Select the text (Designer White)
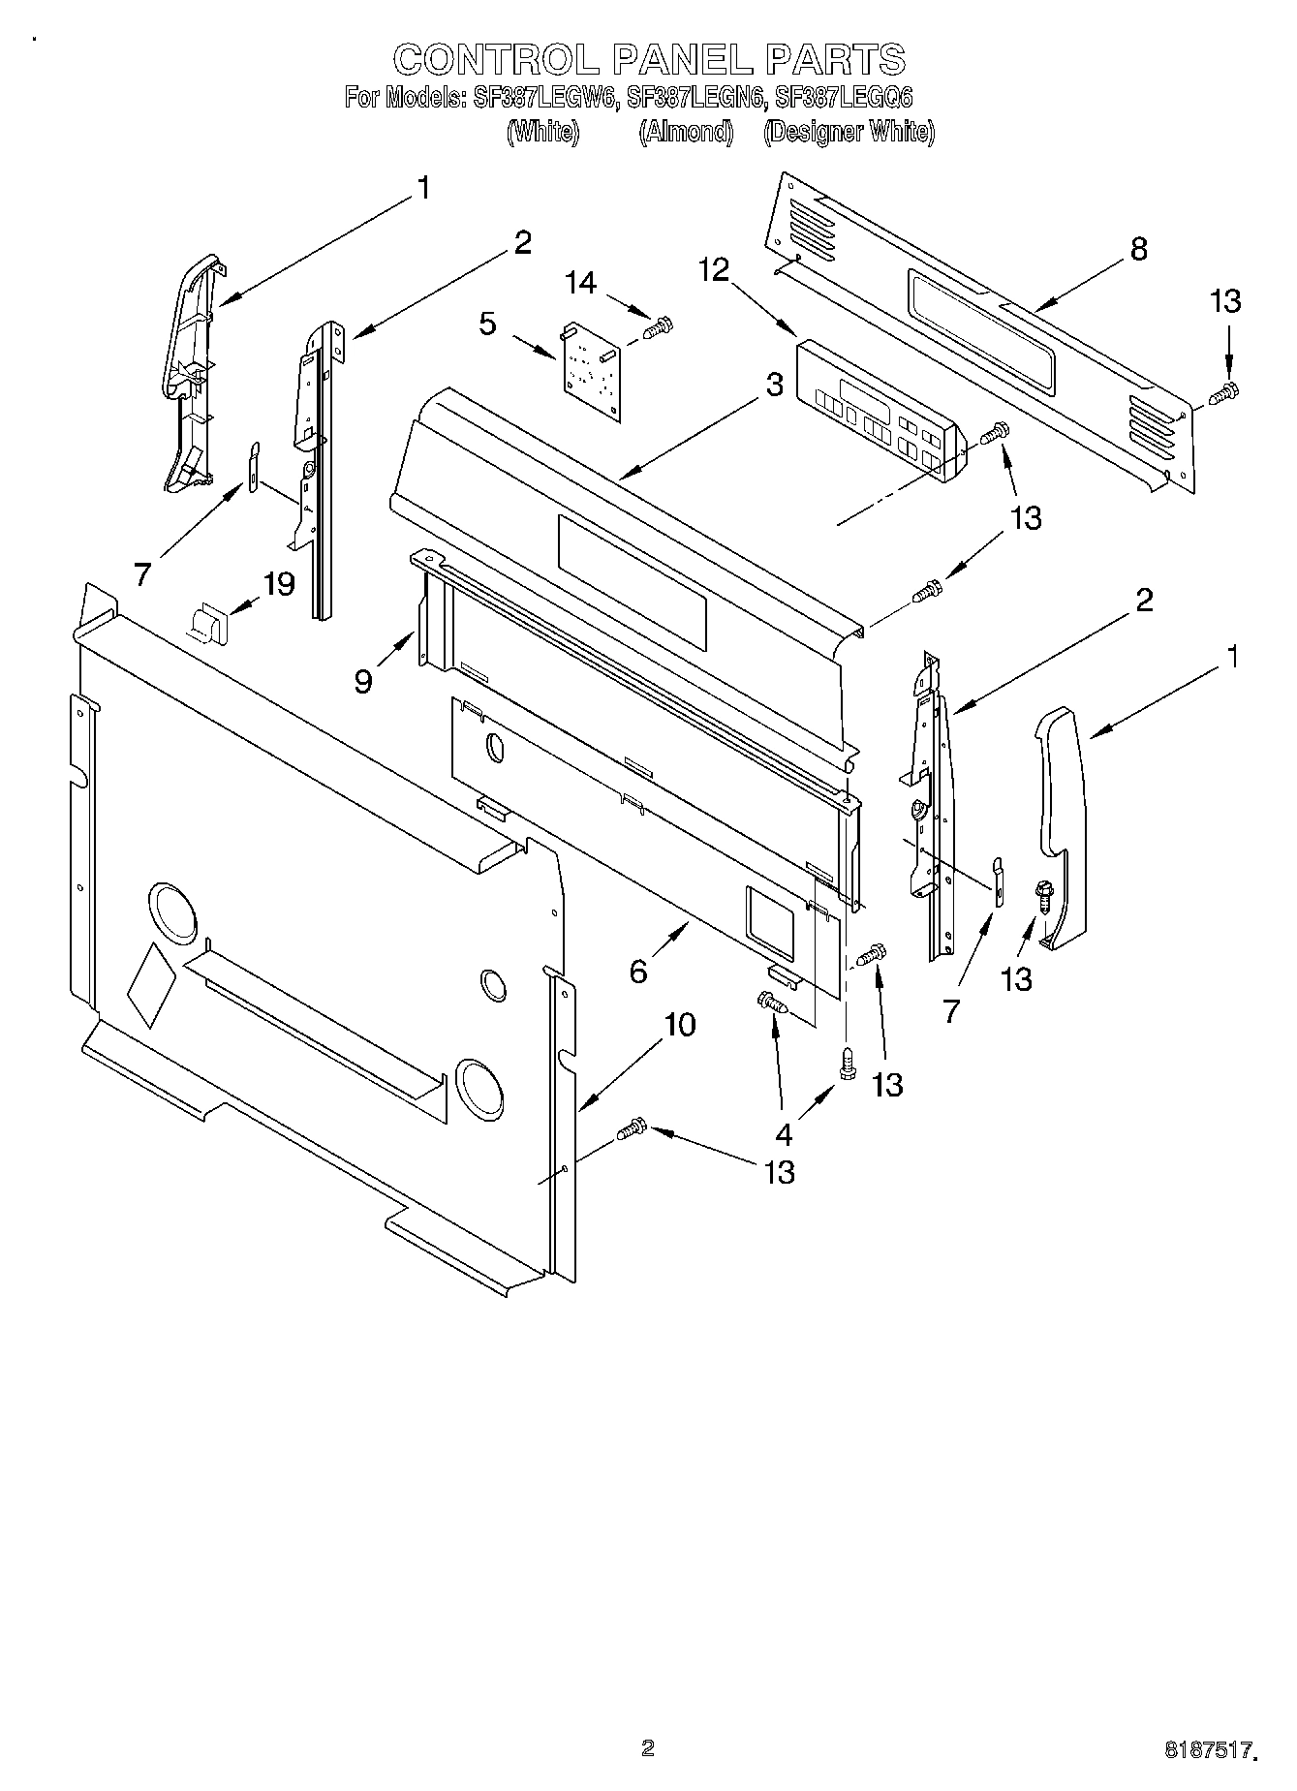[x=849, y=133]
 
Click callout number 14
[x=581, y=283]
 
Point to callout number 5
[x=487, y=324]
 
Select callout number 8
[x=1138, y=249]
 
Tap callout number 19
[x=279, y=584]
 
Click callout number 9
[x=363, y=682]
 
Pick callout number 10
[x=681, y=1024]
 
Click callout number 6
[x=637, y=971]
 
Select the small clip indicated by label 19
[x=206, y=622]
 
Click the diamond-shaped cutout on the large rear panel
[x=150, y=982]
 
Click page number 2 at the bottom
[x=648, y=1748]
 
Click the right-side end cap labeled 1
[x=1061, y=823]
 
